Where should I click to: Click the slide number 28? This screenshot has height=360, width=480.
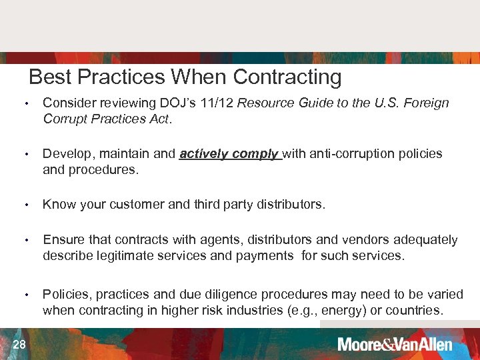19,344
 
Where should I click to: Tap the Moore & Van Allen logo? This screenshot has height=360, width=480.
395,345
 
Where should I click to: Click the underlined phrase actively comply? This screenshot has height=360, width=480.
229,153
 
